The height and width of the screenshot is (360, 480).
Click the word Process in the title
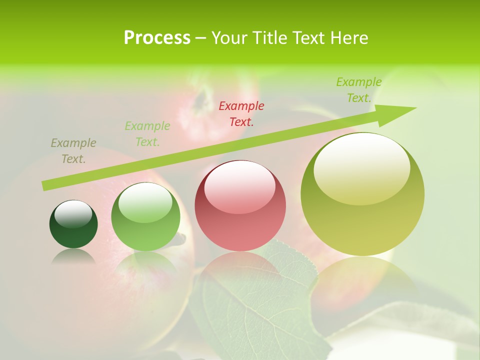point(157,37)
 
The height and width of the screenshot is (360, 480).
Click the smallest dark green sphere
point(73,224)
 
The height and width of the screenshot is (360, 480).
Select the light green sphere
point(145,216)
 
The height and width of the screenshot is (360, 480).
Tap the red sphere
point(240,205)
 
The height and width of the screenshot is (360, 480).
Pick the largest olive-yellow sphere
point(362,194)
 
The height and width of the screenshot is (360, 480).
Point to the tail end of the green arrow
point(45,185)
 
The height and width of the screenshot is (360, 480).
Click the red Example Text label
point(241,113)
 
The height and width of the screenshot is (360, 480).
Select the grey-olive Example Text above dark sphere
point(73,150)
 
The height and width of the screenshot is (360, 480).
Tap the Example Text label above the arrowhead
point(359,90)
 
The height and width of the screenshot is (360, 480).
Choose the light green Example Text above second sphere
point(147,133)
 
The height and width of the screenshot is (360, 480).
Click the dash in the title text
point(201,38)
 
